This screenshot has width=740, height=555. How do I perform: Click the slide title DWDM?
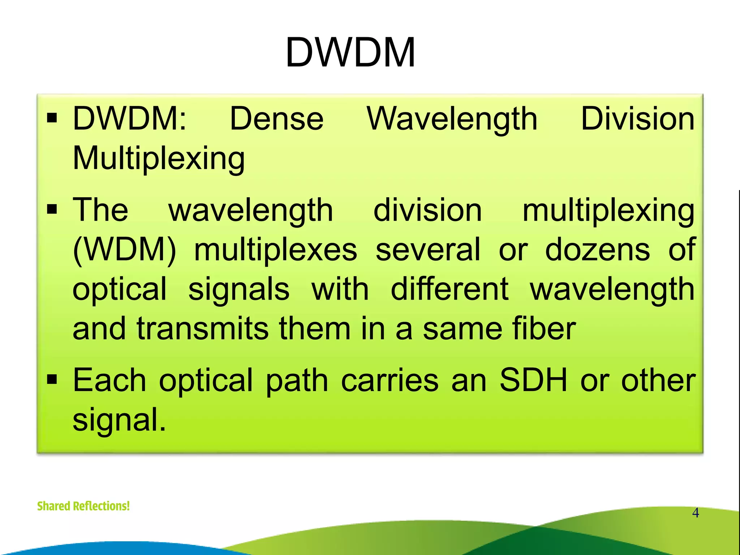click(x=350, y=53)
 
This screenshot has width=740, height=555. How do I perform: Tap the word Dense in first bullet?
click(x=276, y=119)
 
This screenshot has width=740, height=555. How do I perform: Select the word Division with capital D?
click(x=637, y=119)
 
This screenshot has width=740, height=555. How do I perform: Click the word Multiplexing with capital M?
click(x=159, y=159)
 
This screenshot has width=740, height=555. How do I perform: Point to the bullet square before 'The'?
click(x=52, y=209)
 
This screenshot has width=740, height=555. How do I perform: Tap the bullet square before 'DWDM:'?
click(x=52, y=118)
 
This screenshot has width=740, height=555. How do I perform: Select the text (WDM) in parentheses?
click(x=124, y=250)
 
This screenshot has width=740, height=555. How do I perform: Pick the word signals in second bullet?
click(x=239, y=290)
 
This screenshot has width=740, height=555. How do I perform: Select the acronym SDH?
click(x=533, y=380)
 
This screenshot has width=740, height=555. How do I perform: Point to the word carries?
click(x=390, y=380)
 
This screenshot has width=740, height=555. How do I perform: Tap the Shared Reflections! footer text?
click(x=83, y=506)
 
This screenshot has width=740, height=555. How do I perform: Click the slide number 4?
click(x=695, y=513)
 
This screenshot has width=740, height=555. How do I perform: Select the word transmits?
click(x=202, y=328)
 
